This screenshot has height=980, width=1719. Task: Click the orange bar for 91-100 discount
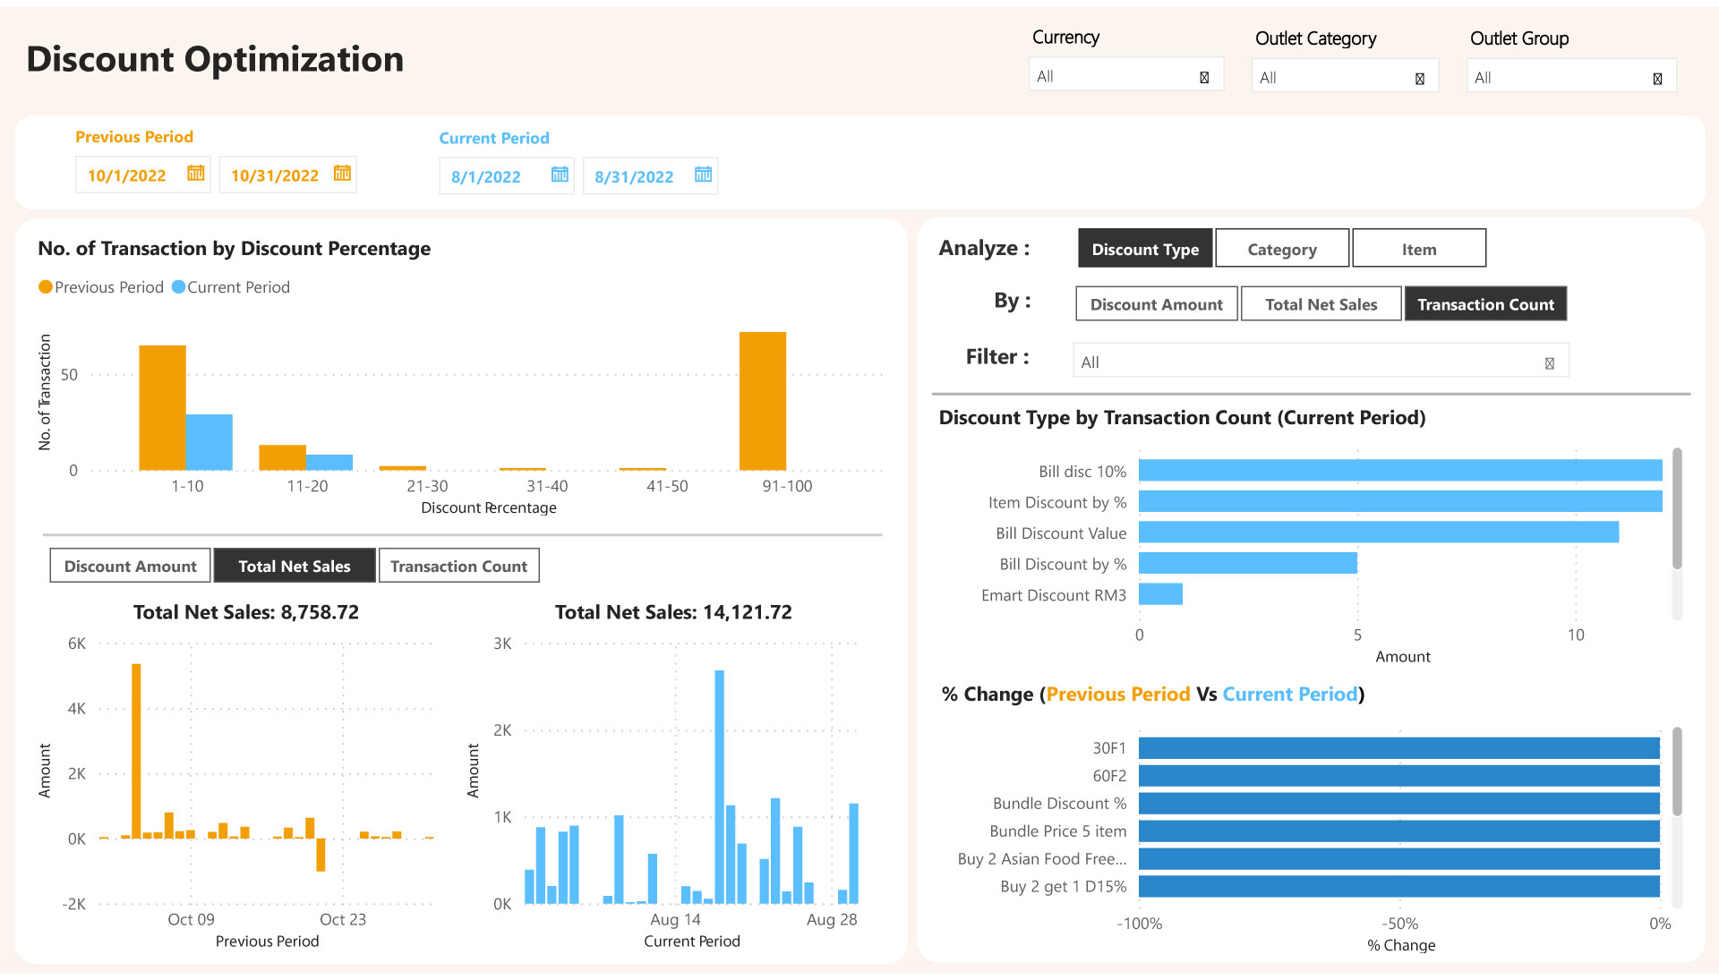coord(762,401)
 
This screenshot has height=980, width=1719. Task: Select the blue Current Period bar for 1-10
coord(209,442)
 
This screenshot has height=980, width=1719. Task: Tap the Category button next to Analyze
coord(1281,249)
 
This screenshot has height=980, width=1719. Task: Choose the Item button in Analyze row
coord(1418,249)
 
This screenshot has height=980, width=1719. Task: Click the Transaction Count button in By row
coord(1484,304)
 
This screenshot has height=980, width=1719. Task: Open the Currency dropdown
coord(1125,77)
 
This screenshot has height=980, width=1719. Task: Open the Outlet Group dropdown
coord(1570,78)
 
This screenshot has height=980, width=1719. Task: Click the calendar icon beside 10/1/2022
coord(195,174)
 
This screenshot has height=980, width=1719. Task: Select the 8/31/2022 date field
coord(634,177)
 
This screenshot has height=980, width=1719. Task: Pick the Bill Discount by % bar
coord(1247,564)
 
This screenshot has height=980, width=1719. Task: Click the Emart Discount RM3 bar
coord(1160,595)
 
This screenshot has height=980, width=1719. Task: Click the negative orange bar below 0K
coord(321,855)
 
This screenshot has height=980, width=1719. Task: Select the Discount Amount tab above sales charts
coord(130,567)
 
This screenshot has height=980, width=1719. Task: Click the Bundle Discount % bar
coord(1398,804)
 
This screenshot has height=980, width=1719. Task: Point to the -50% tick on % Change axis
coord(1399,924)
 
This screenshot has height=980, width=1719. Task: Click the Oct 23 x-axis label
coord(343,920)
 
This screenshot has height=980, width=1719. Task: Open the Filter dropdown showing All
coord(1320,362)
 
